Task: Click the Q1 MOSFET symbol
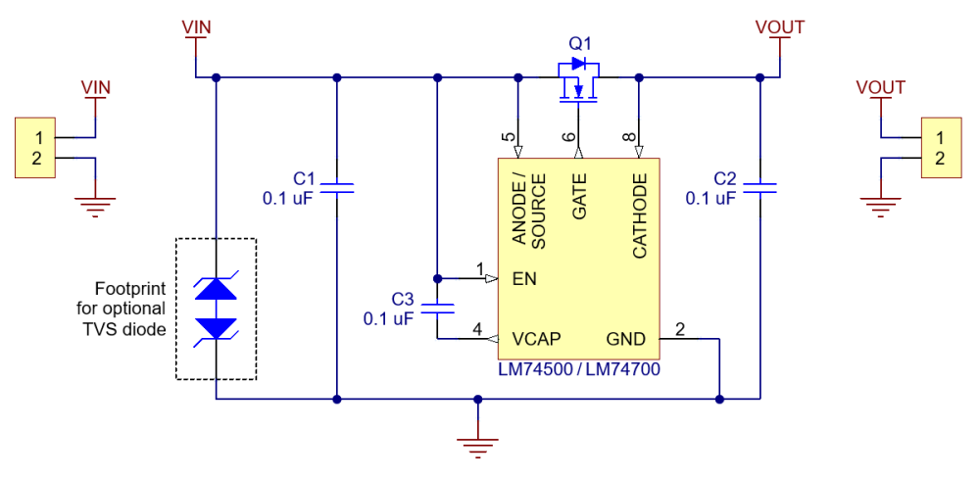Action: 578,80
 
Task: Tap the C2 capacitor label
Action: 725,178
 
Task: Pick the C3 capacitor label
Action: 403,299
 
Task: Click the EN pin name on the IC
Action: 524,278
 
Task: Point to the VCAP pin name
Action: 536,339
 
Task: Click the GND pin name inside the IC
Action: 625,339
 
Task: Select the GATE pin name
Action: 579,197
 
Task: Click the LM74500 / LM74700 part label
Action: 579,369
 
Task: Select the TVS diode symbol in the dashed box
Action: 216,309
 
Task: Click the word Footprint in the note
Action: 130,290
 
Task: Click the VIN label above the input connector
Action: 95,87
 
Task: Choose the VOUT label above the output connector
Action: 880,87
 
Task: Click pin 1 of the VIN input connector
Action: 38,137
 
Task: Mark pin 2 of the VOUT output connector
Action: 940,159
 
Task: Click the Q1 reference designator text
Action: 579,44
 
